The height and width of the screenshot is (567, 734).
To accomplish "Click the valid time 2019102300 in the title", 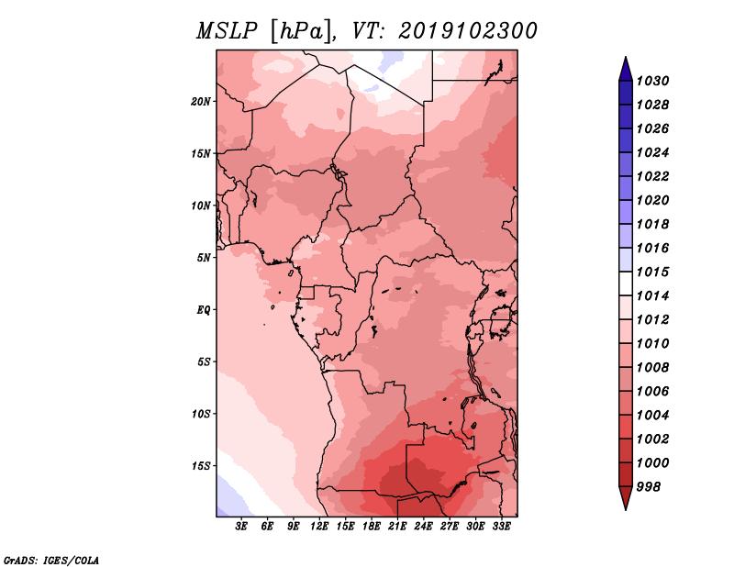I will pyautogui.click(x=468, y=31).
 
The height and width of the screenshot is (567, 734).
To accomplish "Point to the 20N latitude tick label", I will pyautogui.click(x=201, y=101).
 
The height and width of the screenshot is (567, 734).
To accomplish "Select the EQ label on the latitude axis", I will pyautogui.click(x=204, y=310).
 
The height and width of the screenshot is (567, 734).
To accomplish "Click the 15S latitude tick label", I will pyautogui.click(x=201, y=466).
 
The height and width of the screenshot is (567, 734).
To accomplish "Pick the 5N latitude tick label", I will pyautogui.click(x=204, y=258).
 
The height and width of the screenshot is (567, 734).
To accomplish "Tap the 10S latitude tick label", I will pyautogui.click(x=201, y=414).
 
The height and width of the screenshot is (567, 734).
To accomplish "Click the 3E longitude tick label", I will pyautogui.click(x=242, y=527).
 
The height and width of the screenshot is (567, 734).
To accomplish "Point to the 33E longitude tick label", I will pyautogui.click(x=502, y=527).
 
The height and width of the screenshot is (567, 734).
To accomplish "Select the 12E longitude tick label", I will pyautogui.click(x=320, y=527).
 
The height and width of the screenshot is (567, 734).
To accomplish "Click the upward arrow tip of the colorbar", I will pyautogui.click(x=625, y=59).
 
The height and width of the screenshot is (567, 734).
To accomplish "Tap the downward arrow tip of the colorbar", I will pyautogui.click(x=625, y=507).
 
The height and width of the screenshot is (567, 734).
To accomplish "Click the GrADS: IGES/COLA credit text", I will pyautogui.click(x=50, y=559).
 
